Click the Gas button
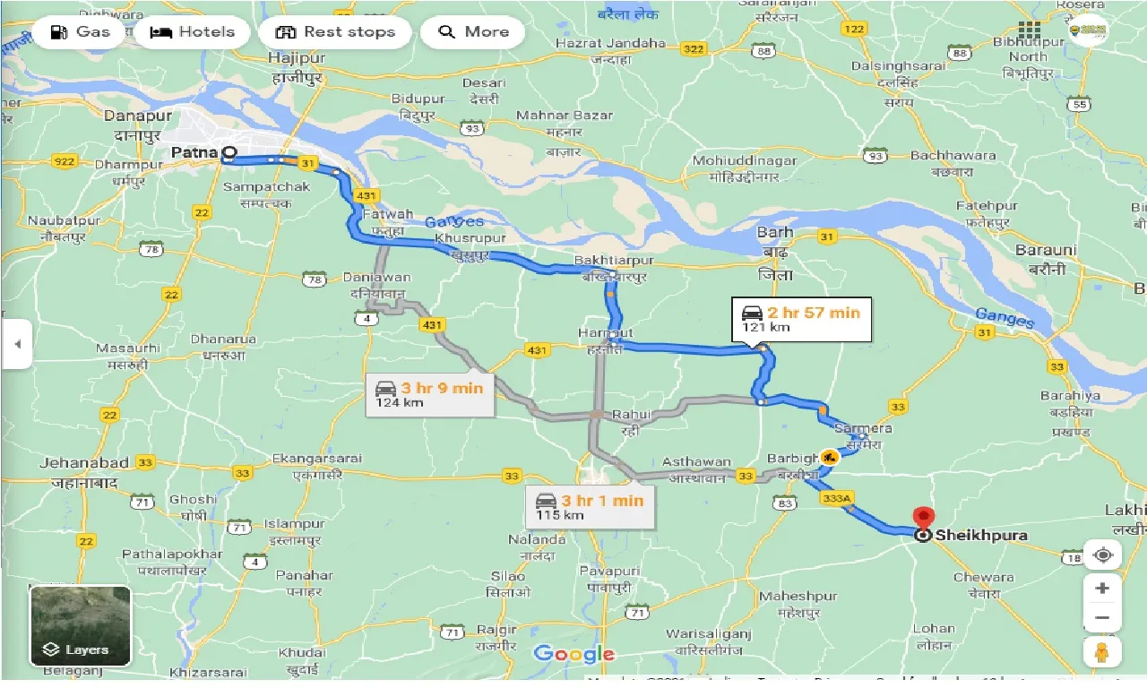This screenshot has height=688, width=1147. (81, 32)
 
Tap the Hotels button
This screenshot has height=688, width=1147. (193, 32)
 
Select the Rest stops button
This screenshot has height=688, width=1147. (335, 32)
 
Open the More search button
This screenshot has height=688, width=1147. (473, 32)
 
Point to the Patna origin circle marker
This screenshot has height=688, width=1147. (229, 153)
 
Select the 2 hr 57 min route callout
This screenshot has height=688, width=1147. (800, 319)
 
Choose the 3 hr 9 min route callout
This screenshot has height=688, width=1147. (430, 394)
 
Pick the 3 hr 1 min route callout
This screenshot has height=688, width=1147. (591, 507)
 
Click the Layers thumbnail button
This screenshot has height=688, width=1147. (81, 626)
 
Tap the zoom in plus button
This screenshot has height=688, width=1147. (1102, 589)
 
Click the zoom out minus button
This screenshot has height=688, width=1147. (1102, 617)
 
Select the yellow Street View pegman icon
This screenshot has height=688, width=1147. (1102, 653)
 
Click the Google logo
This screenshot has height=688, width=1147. (573, 654)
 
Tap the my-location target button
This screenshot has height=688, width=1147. (1102, 555)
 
